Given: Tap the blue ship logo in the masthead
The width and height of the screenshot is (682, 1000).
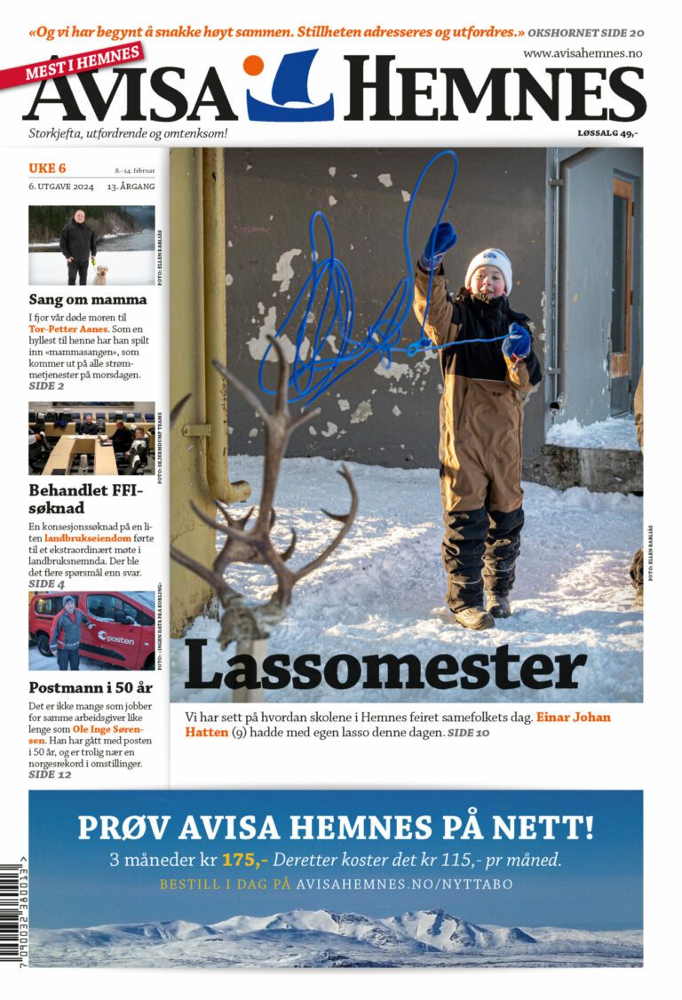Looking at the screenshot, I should pyautogui.click(x=291, y=89).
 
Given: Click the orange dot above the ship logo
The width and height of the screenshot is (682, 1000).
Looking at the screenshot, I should pyautogui.click(x=253, y=65).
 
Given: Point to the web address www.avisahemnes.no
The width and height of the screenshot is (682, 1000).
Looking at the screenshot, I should pyautogui.click(x=582, y=53).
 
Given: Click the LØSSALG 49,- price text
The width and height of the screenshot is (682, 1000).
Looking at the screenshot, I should pyautogui.click(x=607, y=133).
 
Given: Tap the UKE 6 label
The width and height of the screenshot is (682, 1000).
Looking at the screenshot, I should pyautogui.click(x=47, y=169).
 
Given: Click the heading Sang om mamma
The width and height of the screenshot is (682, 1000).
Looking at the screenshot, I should pyautogui.click(x=88, y=299).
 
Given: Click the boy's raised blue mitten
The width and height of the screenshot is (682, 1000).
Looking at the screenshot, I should pyautogui.click(x=440, y=242).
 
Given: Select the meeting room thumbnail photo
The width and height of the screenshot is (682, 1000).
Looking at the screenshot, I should pyautogui.click(x=91, y=438).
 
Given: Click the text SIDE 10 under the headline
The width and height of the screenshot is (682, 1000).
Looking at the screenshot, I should pyautogui.click(x=468, y=733).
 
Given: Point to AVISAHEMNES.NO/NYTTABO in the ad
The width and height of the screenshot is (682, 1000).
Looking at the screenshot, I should pyautogui.click(x=404, y=885).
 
